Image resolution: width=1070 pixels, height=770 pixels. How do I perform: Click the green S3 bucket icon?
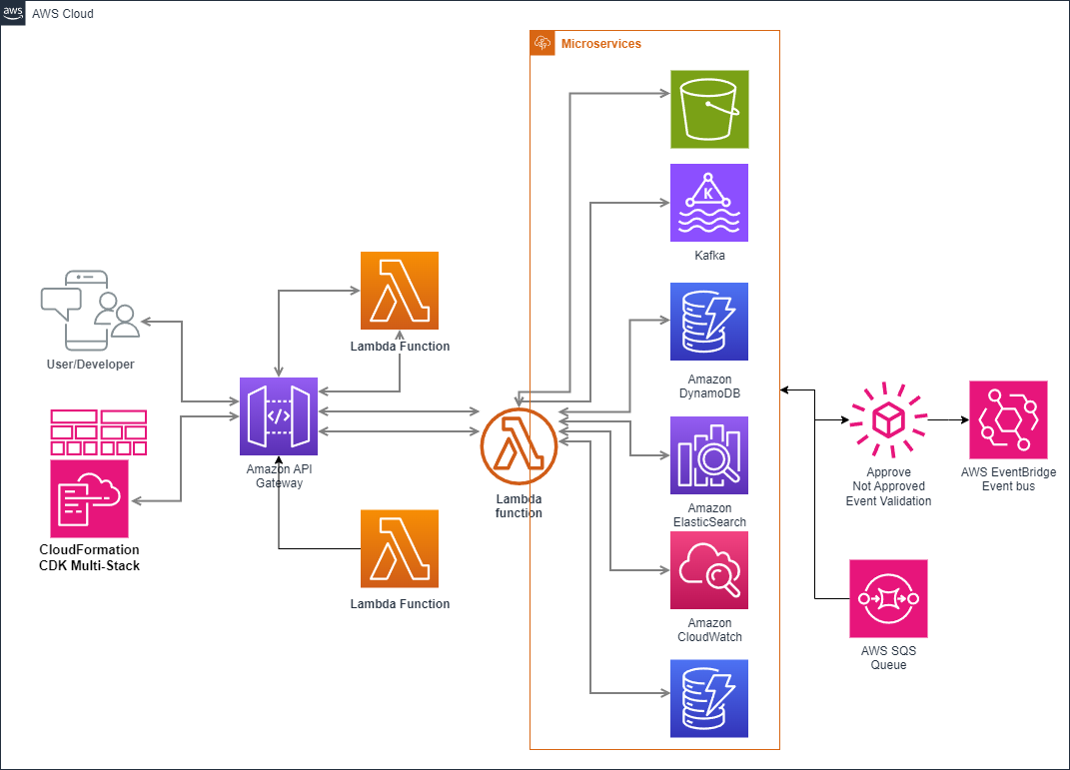(709, 109)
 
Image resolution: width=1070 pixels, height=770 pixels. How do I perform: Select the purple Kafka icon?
(709, 203)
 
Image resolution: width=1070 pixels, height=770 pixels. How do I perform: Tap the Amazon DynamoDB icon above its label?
(709, 322)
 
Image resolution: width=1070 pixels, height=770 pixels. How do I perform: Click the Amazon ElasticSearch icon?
(709, 455)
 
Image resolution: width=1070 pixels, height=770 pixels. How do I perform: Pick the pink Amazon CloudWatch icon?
(709, 570)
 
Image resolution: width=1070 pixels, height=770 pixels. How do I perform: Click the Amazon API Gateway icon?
(279, 416)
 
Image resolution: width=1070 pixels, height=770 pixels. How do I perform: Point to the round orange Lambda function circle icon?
(519, 445)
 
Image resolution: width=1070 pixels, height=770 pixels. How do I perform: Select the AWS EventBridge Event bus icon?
(1008, 419)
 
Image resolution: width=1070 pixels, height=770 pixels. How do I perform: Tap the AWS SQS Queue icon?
(888, 598)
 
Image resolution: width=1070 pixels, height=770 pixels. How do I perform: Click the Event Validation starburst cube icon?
(888, 420)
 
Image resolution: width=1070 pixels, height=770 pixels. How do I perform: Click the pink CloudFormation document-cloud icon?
(90, 498)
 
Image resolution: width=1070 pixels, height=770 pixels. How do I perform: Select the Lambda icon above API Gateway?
(400, 291)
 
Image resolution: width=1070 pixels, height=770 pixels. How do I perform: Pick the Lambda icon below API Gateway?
(400, 548)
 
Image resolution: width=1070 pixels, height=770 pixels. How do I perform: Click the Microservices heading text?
(601, 44)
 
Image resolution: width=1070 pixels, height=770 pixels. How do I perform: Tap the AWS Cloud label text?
(63, 14)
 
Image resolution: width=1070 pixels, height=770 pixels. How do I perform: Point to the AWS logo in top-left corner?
(14, 13)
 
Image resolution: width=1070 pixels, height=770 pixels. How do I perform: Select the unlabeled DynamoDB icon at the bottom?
(709, 698)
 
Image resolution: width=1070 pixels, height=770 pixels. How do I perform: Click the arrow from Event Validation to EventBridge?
(947, 420)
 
